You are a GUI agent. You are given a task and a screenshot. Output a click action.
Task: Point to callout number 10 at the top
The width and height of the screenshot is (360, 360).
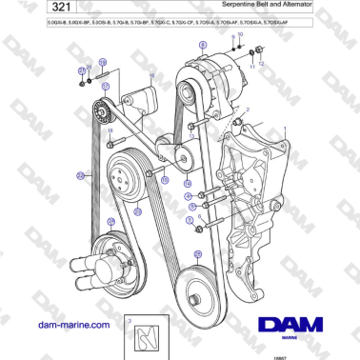click(240, 34)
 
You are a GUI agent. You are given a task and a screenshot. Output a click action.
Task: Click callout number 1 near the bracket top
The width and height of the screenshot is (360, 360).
click(247, 110)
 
